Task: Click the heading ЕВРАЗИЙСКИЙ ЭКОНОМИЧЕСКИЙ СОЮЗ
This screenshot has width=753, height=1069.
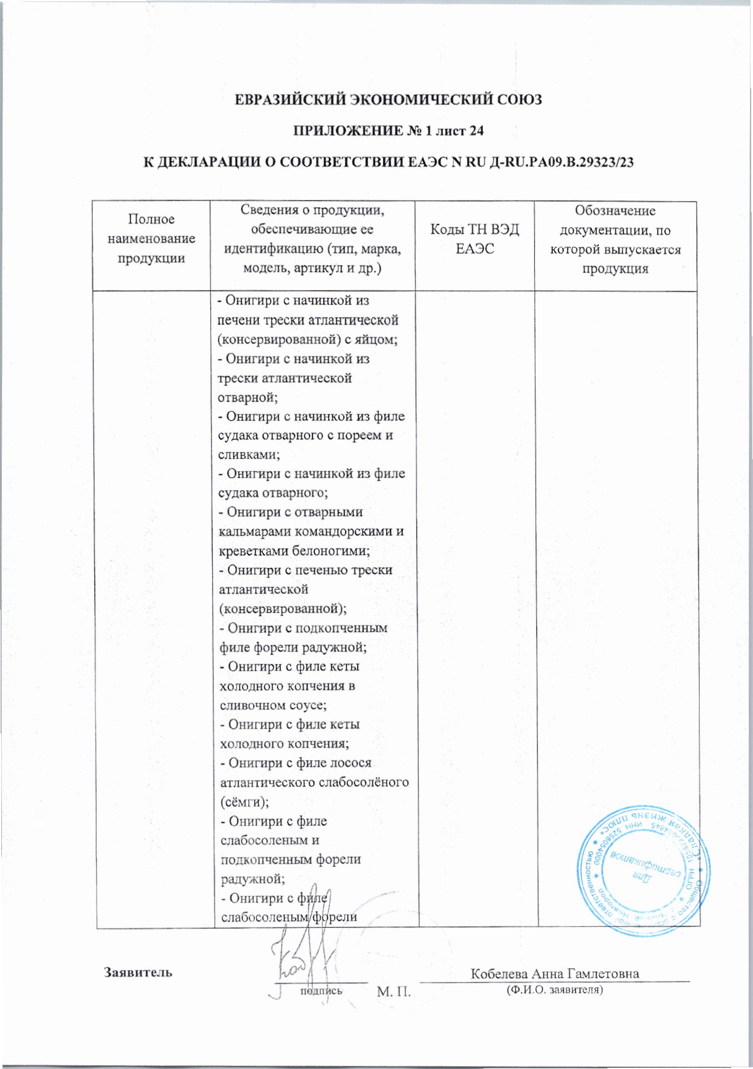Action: pyautogui.click(x=388, y=99)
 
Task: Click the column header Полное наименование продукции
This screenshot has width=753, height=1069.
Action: pyautogui.click(x=151, y=239)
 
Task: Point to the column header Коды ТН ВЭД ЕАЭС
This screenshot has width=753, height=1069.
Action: pyautogui.click(x=474, y=239)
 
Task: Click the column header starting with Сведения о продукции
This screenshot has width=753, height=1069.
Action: pyautogui.click(x=312, y=239)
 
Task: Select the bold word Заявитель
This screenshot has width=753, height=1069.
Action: pyautogui.click(x=138, y=972)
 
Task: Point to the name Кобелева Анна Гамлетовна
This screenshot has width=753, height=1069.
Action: pyautogui.click(x=555, y=974)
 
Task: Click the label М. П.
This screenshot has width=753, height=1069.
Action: pyautogui.click(x=393, y=992)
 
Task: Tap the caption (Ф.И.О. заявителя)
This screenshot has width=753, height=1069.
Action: pyautogui.click(x=555, y=990)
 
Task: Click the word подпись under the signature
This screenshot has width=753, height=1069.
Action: pyautogui.click(x=321, y=990)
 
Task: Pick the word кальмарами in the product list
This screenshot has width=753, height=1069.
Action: pyautogui.click(x=254, y=532)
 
